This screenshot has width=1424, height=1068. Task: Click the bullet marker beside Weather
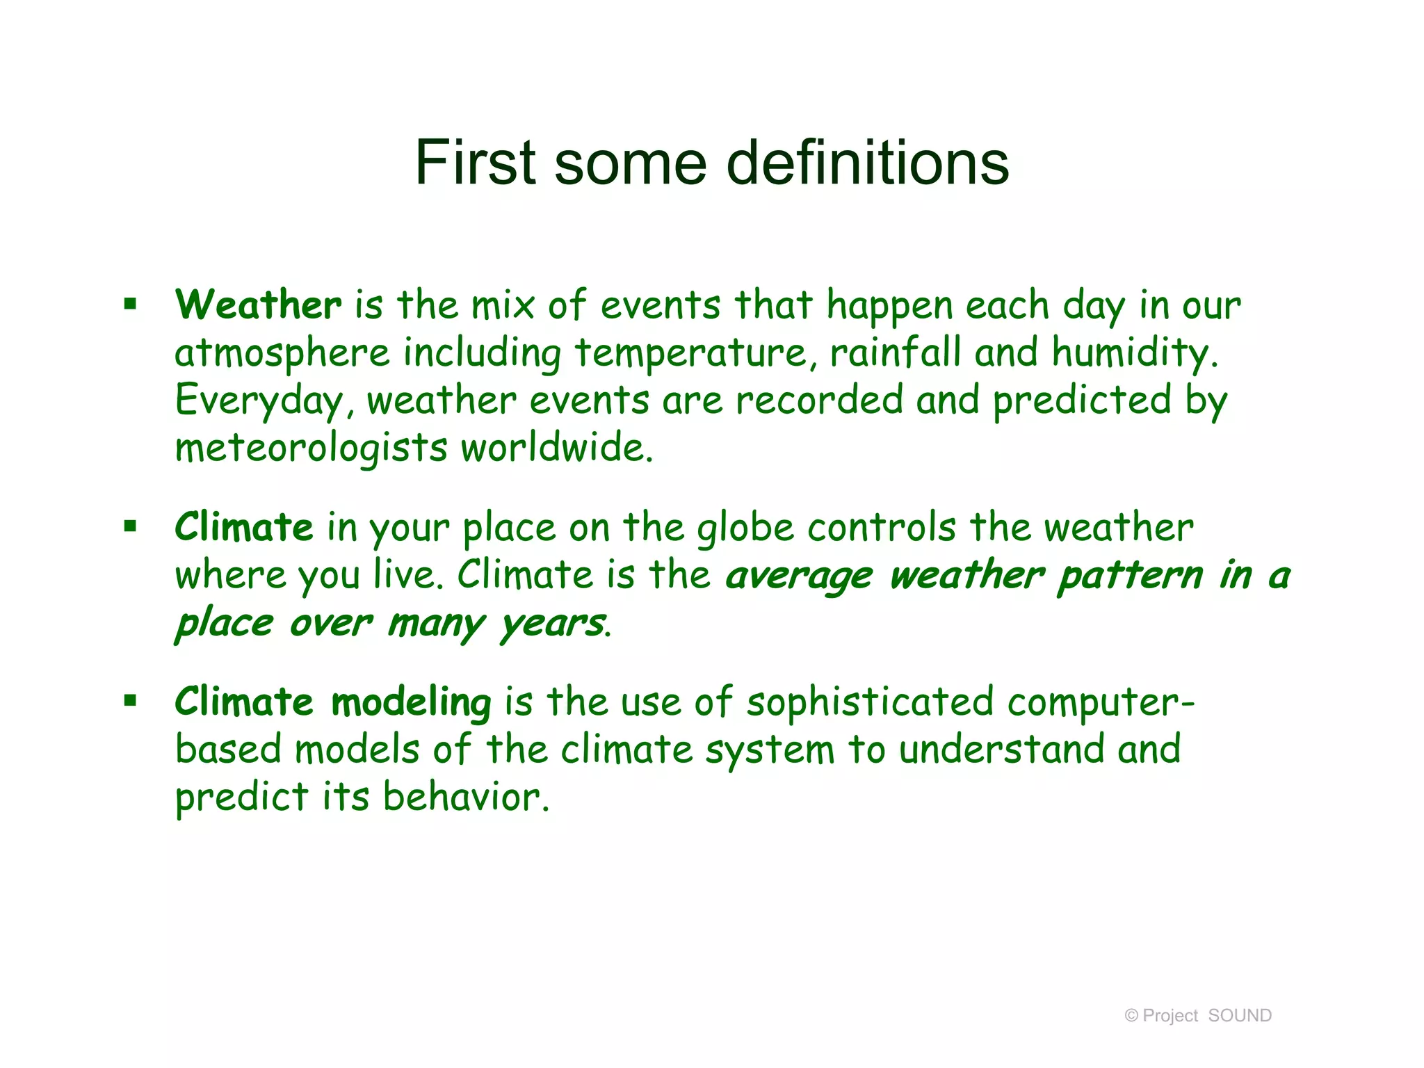pos(130,304)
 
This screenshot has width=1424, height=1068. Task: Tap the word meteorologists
pos(311,448)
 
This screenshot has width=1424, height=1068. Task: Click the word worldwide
pos(556,447)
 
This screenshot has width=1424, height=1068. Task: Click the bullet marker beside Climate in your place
pos(130,526)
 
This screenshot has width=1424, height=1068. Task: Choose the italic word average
pos(799,576)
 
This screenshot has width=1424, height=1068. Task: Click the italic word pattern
pos(1130,576)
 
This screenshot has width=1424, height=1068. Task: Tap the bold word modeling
pos(411,702)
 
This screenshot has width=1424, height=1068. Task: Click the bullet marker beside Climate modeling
pos(130,701)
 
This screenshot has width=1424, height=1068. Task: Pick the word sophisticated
pos(870,703)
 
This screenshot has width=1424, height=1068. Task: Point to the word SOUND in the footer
pos(1240,1016)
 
